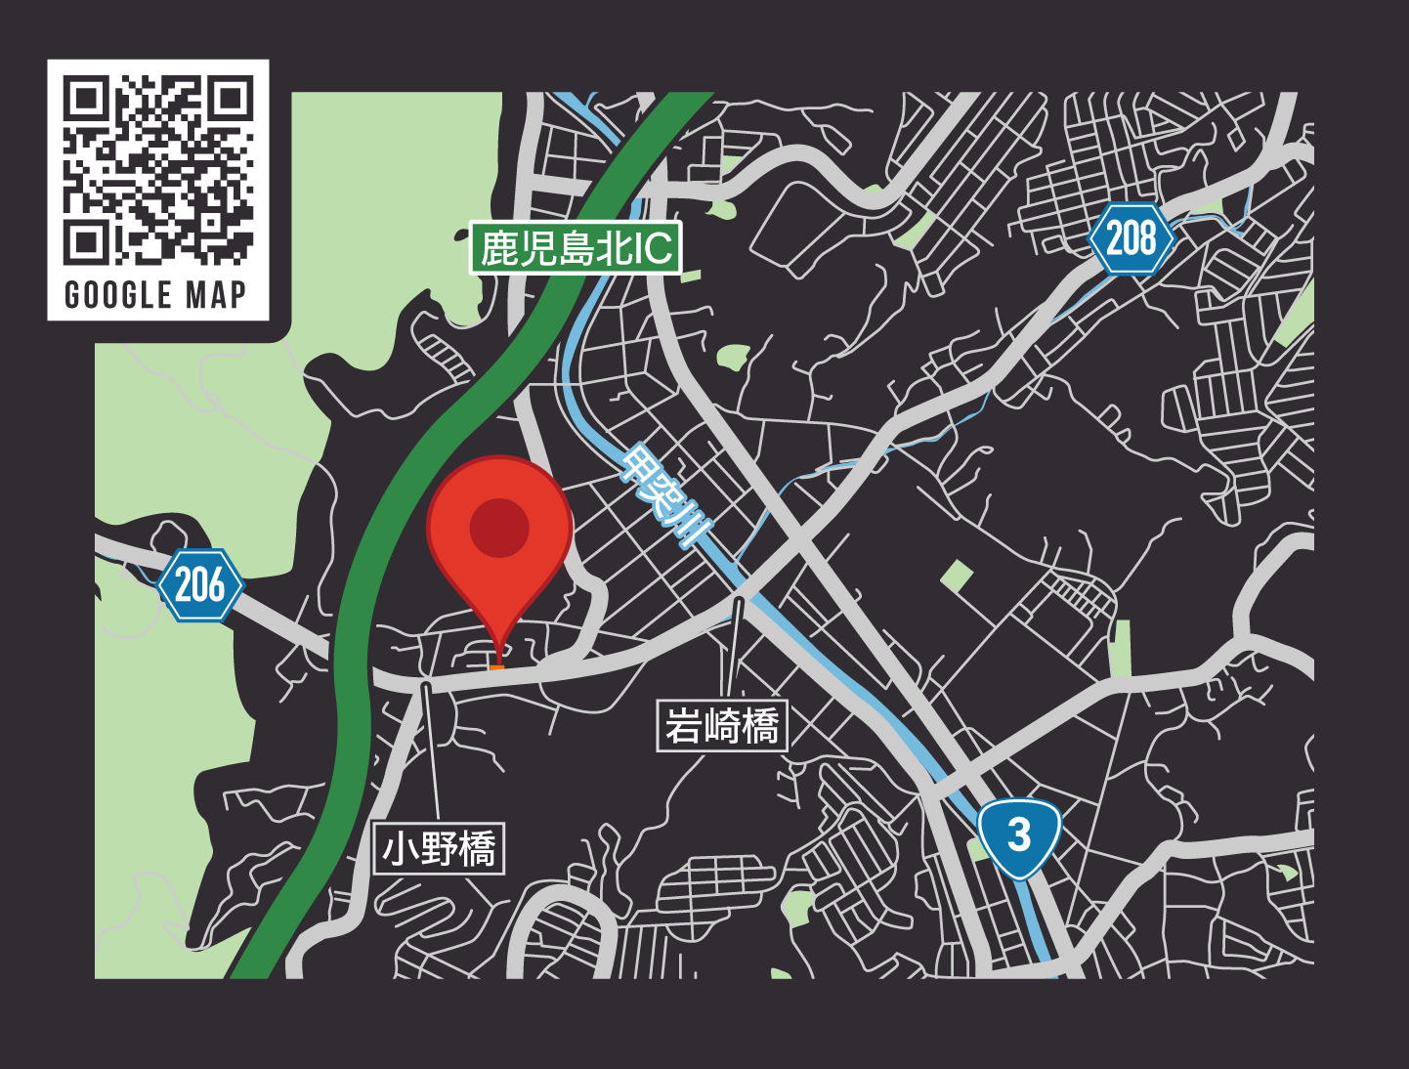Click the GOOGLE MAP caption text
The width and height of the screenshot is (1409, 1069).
point(156,295)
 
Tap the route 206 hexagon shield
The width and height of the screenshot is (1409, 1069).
point(200,585)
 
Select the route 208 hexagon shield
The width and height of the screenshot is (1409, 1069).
point(1131,238)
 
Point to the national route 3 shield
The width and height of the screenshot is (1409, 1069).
point(1019,835)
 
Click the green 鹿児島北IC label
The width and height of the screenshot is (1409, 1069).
point(576,248)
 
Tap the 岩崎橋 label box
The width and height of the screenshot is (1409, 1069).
point(722,726)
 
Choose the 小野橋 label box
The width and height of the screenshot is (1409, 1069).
point(440,848)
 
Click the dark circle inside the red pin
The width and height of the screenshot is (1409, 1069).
point(499,528)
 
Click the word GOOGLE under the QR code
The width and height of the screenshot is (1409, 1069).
point(118,295)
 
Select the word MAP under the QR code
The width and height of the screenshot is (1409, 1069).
point(217,295)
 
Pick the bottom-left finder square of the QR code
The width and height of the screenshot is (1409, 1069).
point(86,242)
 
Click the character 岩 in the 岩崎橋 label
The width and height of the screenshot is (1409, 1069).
point(684,726)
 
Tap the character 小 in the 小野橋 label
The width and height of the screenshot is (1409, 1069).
point(401,848)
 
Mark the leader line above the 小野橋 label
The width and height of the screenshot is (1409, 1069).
point(431,752)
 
